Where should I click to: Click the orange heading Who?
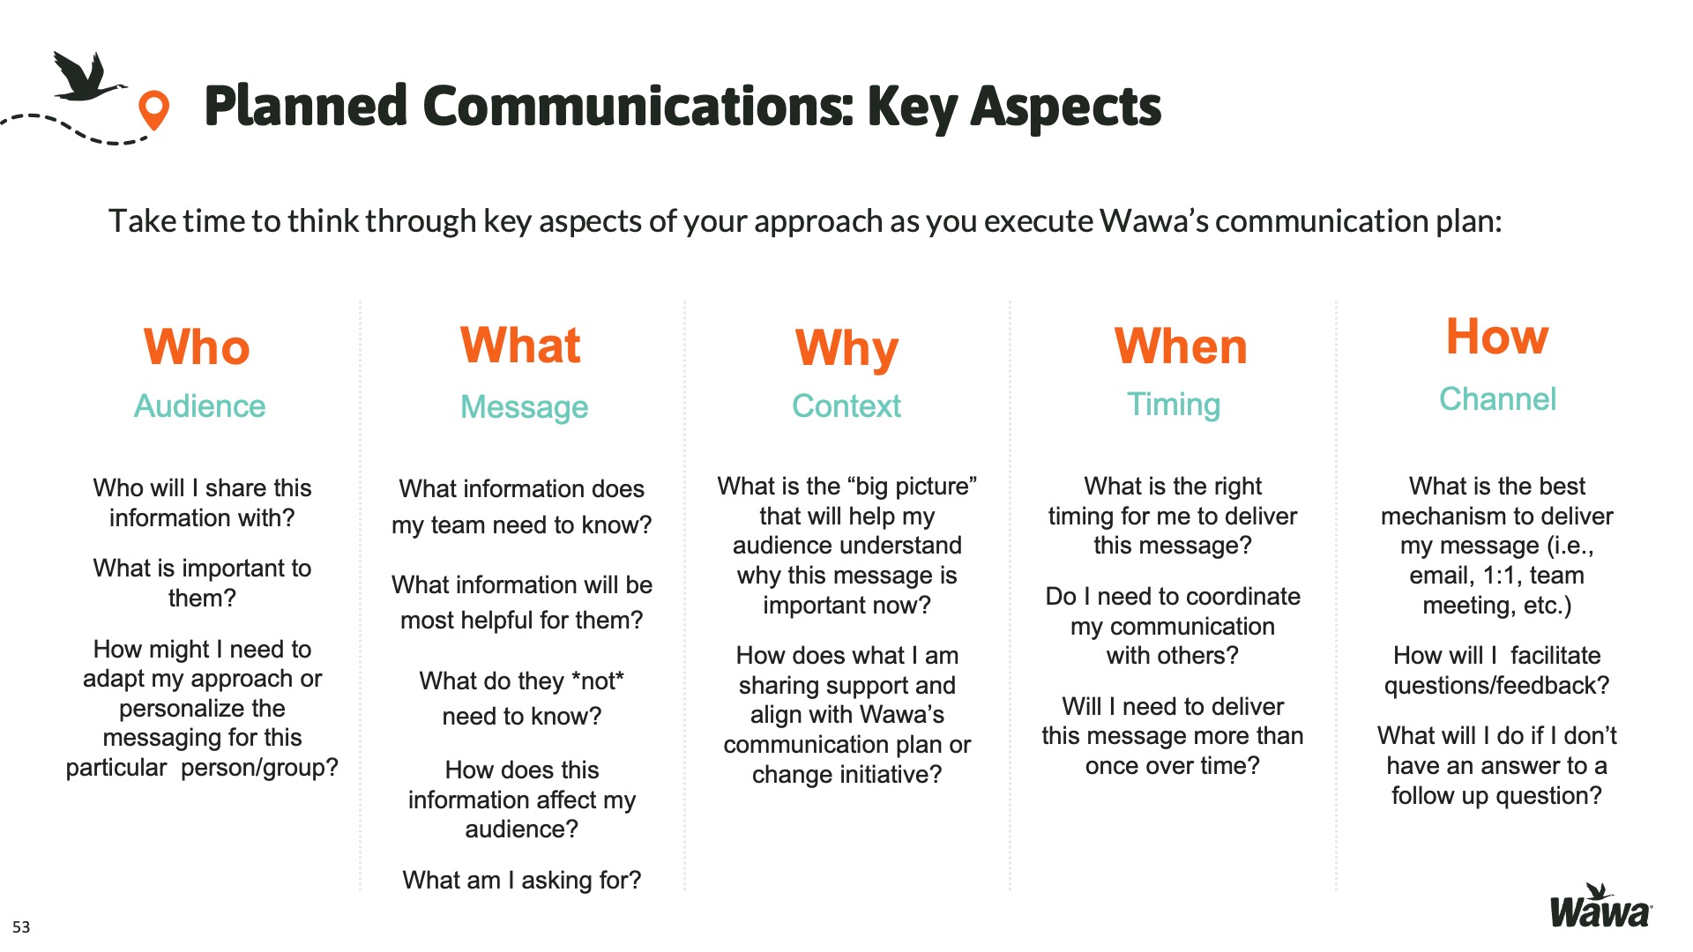coord(197,346)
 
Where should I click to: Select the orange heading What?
coord(520,345)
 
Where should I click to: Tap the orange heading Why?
coord(846,349)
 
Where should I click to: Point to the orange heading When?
coord(1181,346)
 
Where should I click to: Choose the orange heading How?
coord(1497,336)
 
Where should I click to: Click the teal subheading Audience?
coord(199,406)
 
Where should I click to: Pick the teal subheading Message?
coord(524,407)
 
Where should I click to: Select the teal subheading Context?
coord(846,406)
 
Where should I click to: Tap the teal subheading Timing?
coord(1174,405)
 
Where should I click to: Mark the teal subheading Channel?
coord(1497,399)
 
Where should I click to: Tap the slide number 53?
coord(21,927)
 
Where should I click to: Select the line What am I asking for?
coord(522,880)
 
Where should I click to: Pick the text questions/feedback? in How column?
coord(1496,686)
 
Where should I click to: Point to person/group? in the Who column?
coord(259,768)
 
